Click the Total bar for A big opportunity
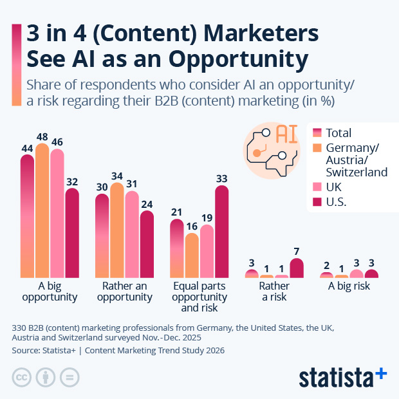pyautogui.click(x=27, y=216)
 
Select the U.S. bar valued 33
pyautogui.click(x=222, y=232)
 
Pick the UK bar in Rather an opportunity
pyautogui.click(x=132, y=234)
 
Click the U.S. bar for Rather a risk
pyautogui.click(x=297, y=268)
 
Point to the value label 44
pyautogui.click(x=27, y=148)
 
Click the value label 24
pyautogui.click(x=147, y=205)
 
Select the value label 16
pyautogui.click(x=192, y=227)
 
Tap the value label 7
pyautogui.click(x=297, y=251)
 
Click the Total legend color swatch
pyautogui.click(x=317, y=133)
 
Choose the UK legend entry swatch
pyautogui.click(x=317, y=187)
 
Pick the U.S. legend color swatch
pyautogui.click(x=317, y=203)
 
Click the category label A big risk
pyautogui.click(x=349, y=286)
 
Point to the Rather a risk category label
pyautogui.click(x=274, y=291)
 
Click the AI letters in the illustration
pyautogui.click(x=286, y=133)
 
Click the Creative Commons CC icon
pyautogui.click(x=23, y=376)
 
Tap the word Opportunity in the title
pyautogui.click(x=237, y=59)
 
